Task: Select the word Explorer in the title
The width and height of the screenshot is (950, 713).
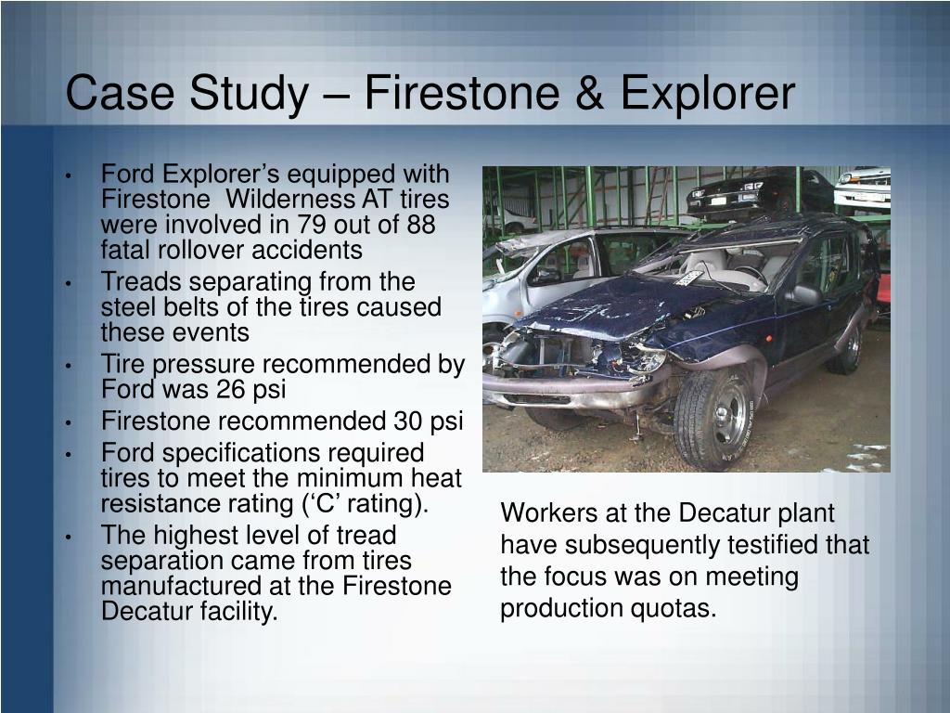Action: click(708, 94)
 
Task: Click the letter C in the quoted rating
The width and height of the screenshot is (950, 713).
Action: click(384, 504)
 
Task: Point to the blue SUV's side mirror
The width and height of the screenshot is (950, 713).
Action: click(803, 295)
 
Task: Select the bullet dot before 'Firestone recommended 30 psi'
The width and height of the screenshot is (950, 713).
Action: click(70, 423)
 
